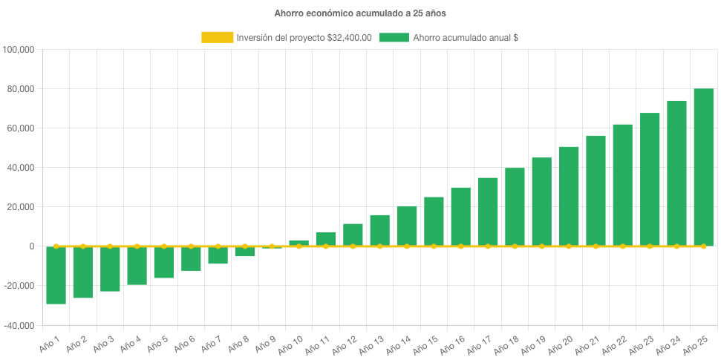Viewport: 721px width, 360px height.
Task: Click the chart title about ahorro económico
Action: (x=360, y=13)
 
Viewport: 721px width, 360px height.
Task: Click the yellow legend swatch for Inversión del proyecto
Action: (x=217, y=37)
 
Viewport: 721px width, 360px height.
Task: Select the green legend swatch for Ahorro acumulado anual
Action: (x=394, y=37)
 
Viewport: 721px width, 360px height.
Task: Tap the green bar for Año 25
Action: (x=703, y=167)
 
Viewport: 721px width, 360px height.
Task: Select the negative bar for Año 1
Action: (x=56, y=275)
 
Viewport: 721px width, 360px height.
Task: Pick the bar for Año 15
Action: (x=434, y=221)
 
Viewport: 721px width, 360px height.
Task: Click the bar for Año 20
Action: (x=569, y=196)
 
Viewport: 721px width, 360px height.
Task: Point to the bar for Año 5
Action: (x=164, y=262)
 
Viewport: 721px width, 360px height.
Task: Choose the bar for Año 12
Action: (x=353, y=235)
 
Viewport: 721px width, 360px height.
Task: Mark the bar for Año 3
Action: (x=110, y=269)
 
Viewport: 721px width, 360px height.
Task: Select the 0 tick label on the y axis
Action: (x=32, y=246)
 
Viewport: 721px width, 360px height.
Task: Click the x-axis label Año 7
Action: (x=213, y=344)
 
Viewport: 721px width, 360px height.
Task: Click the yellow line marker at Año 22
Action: (x=622, y=246)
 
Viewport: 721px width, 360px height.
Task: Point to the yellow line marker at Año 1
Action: (x=56, y=246)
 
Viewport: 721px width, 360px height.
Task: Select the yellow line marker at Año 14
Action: (x=407, y=246)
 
